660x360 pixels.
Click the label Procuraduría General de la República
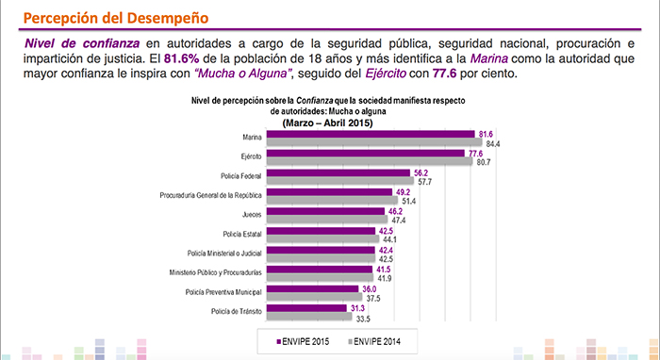[210, 195]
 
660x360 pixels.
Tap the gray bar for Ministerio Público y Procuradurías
[320, 278]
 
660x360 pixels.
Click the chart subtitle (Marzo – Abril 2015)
[328, 121]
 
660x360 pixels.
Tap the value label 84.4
[492, 143]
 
